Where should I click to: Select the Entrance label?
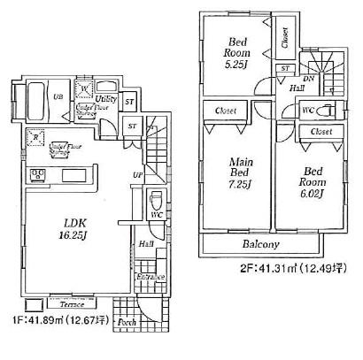tap(150, 277)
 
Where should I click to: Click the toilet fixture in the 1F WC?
tap(156, 200)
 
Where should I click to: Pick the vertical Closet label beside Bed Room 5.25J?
tap(285, 38)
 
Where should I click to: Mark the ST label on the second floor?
tap(285, 68)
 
